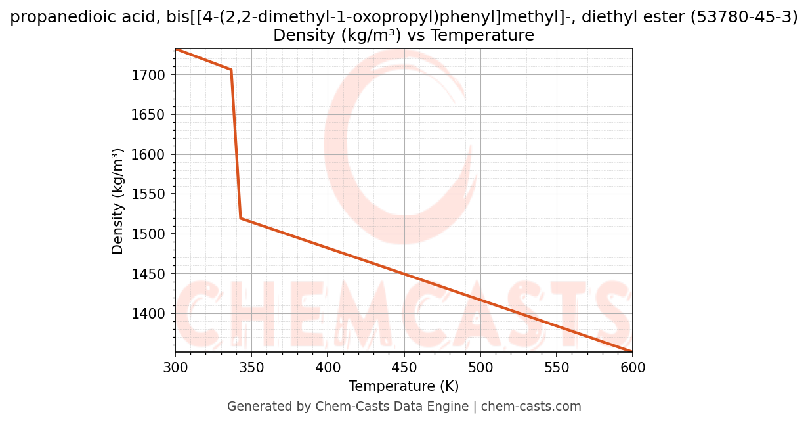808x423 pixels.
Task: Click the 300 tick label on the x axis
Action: click(x=175, y=368)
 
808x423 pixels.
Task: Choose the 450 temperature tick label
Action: click(x=404, y=368)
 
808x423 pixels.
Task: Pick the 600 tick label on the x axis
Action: click(x=633, y=368)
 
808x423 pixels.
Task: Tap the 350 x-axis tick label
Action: click(x=251, y=368)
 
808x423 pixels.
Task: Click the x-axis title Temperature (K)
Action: click(x=404, y=386)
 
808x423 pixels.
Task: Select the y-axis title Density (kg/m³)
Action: click(x=118, y=200)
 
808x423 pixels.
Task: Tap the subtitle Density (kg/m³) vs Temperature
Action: click(x=404, y=35)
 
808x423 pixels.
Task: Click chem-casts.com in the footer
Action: click(x=531, y=407)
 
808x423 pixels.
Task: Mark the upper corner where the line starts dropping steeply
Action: click(x=231, y=70)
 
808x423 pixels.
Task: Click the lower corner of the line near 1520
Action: click(x=241, y=218)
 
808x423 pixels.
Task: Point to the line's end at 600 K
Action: click(x=632, y=351)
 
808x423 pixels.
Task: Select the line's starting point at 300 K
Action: click(x=176, y=49)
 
